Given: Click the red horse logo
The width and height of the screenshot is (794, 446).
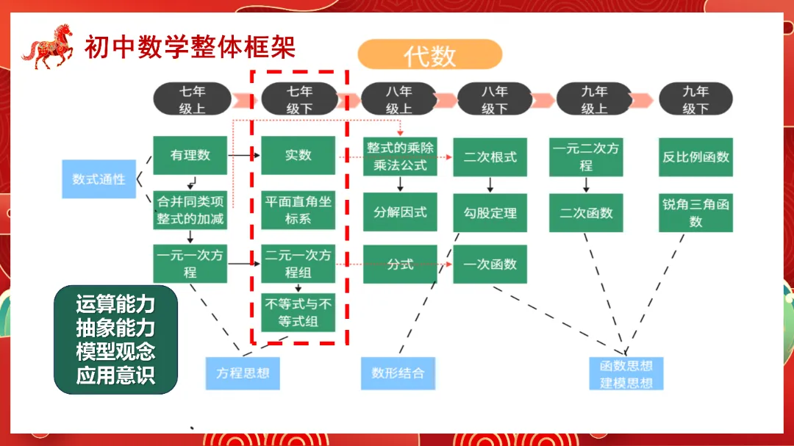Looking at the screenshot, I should (49, 47).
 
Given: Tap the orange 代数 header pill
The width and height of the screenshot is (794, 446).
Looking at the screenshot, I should (429, 55).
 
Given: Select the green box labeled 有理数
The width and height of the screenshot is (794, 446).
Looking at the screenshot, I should (190, 155).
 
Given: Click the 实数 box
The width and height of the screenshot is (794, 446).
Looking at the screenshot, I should (298, 155).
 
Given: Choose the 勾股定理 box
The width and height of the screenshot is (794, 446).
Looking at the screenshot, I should (490, 213).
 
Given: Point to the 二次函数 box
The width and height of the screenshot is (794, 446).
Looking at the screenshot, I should (586, 213).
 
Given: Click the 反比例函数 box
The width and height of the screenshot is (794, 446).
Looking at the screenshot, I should (695, 157).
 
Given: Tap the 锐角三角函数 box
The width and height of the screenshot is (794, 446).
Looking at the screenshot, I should (695, 213).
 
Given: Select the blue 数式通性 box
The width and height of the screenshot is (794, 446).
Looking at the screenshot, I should (99, 179).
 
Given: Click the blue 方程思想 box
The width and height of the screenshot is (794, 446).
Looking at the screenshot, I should (243, 373).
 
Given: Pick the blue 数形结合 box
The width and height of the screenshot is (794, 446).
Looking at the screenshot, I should (398, 373).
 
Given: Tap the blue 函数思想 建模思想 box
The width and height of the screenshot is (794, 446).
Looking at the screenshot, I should (626, 373).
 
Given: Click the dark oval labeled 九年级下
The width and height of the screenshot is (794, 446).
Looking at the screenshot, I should (695, 99).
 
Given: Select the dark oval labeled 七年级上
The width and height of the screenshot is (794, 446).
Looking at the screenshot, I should (192, 99).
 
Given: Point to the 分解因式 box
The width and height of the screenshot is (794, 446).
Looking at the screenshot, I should (400, 212).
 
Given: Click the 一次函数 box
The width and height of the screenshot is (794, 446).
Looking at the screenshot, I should (490, 265).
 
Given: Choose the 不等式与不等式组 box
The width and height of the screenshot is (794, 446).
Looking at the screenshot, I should (298, 312).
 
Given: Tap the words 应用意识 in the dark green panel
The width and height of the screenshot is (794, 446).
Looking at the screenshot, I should (115, 376).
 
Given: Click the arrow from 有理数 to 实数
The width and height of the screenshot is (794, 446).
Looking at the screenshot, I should (244, 156).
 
